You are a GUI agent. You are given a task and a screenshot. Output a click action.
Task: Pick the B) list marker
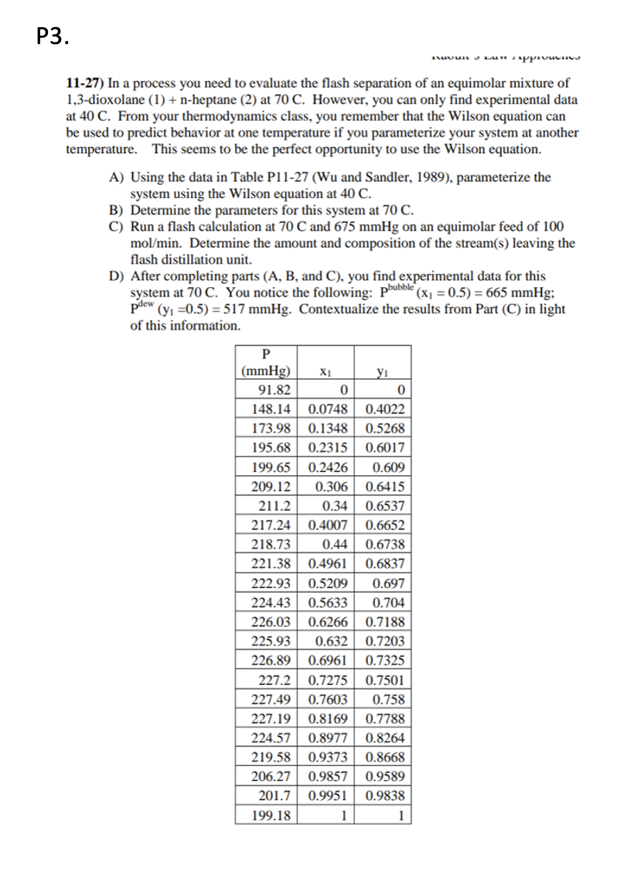[x=118, y=210]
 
